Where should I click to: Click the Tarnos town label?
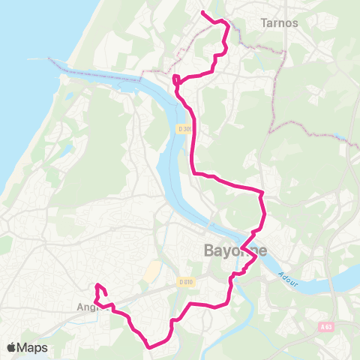click(279, 22)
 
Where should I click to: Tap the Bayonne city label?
click(235, 250)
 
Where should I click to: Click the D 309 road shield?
click(184, 129)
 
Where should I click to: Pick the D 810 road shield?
click(186, 282)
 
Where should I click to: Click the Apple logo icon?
click(11, 347)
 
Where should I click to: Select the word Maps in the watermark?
click(34, 347)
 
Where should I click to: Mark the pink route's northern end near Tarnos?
click(202, 11)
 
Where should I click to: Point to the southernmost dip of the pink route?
click(152, 346)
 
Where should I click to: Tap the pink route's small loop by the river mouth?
click(176, 79)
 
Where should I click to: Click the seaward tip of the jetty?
click(50, 58)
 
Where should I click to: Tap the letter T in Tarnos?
click(263, 22)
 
